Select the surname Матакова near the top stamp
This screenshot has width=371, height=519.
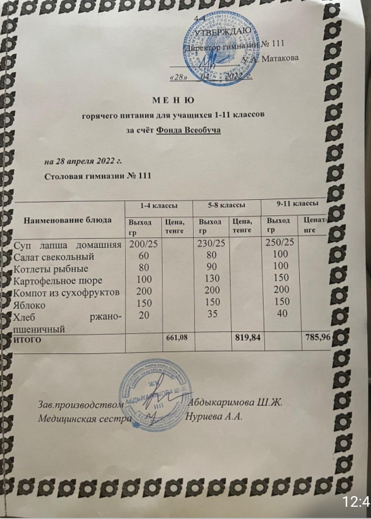tap(280, 58)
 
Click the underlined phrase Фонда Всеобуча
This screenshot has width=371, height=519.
tap(188, 130)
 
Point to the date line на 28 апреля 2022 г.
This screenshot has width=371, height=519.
tap(83, 161)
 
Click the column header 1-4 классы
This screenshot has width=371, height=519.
tap(159, 206)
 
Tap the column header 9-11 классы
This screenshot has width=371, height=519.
tap(297, 203)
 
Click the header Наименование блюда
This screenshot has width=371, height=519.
tap(68, 220)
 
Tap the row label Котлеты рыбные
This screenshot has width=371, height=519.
tap(50, 269)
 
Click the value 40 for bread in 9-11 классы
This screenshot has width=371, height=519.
tap(282, 313)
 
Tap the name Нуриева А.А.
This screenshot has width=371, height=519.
tap(215, 416)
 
